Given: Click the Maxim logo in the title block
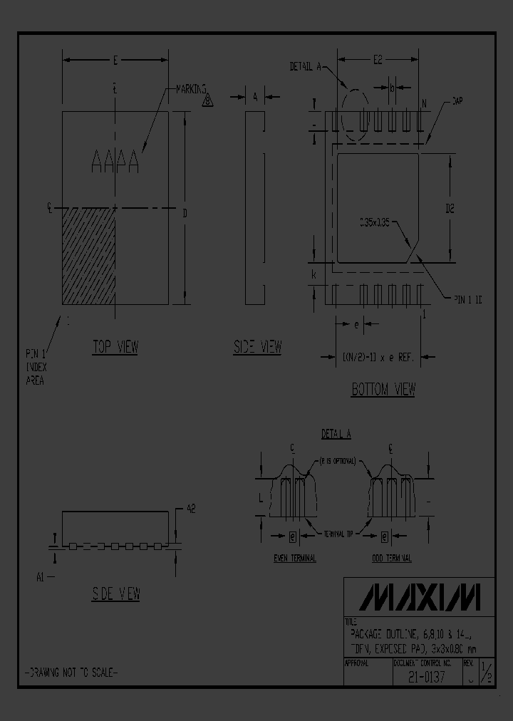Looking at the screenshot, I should click(x=419, y=597).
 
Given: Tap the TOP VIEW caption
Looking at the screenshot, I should click(x=115, y=347).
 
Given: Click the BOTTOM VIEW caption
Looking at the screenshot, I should click(x=383, y=389).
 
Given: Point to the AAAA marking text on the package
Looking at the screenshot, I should click(x=115, y=162).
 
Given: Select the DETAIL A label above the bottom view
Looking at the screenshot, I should click(x=305, y=66).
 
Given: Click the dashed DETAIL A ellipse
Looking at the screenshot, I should click(x=356, y=115).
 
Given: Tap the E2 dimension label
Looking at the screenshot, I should click(x=379, y=61).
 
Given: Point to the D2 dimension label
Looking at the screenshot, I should click(x=450, y=209).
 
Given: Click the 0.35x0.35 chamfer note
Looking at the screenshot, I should click(x=374, y=222).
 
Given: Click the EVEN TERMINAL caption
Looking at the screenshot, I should click(x=295, y=559).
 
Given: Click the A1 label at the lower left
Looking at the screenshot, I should click(x=42, y=577).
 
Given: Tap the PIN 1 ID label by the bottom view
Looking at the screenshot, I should click(x=467, y=301).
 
